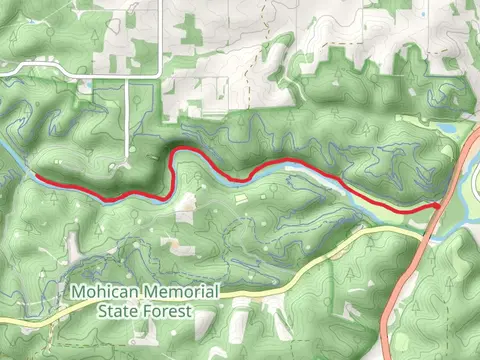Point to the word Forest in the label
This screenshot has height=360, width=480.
coord(168,310)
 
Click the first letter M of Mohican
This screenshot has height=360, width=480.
coord(78,292)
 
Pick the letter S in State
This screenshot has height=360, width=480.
coord(102,310)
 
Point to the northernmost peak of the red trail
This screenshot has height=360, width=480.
coord(185,150)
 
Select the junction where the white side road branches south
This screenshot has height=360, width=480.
coord(127,75)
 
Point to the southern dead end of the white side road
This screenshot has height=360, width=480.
coord(127,165)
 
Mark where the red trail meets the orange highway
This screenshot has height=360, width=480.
coord(440,205)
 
